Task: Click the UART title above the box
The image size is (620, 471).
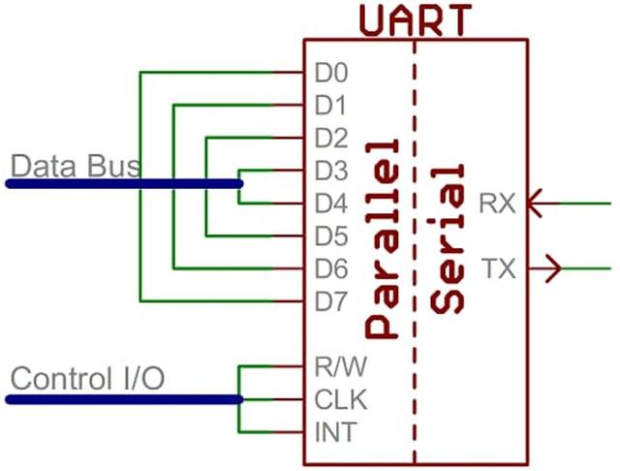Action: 416,19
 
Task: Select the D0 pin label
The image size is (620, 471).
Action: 331,73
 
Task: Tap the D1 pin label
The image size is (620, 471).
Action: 330,106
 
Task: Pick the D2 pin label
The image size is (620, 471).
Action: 331,138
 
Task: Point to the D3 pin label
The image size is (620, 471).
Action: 331,171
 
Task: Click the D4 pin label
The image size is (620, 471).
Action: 331,204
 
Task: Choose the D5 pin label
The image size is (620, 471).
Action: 331,236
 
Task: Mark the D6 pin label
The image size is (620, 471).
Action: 331,268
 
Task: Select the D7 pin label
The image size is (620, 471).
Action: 331,301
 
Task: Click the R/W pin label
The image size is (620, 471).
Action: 341,366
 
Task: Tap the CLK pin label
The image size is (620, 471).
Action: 341,399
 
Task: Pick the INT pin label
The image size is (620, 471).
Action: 336,432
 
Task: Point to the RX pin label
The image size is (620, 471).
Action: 497,204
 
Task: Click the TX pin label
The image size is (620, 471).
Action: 499,268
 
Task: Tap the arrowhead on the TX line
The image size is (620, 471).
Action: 553,268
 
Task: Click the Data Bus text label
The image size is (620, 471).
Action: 76,166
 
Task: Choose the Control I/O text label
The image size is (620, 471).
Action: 88,379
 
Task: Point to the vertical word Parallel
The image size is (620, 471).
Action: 382,239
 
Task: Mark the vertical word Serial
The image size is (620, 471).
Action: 448,239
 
